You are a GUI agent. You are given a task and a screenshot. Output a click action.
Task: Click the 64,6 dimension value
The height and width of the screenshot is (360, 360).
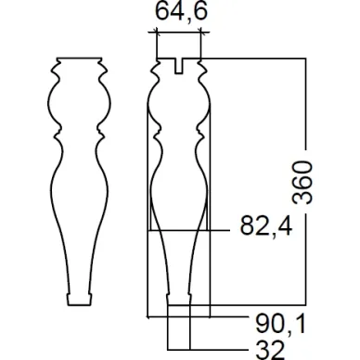pos(181,11)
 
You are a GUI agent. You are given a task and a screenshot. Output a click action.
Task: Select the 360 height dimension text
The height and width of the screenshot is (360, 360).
pos(302,182)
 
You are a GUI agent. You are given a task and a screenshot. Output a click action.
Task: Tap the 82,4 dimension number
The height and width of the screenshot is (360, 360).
pos(266,225)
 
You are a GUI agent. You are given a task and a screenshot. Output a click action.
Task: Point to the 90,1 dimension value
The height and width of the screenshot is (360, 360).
pos(280,324)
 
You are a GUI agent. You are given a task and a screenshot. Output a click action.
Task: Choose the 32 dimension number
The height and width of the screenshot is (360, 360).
pos(270,350)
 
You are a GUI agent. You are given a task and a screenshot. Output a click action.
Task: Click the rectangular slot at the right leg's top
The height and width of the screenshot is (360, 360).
pos(179,66)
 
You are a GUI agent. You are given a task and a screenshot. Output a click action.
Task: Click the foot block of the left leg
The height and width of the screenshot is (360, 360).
pos(80,300)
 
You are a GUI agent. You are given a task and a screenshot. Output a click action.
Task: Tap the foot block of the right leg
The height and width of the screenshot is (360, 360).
pos(179,300)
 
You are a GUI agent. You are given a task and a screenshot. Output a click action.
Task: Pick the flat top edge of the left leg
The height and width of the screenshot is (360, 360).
pos(79,58)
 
